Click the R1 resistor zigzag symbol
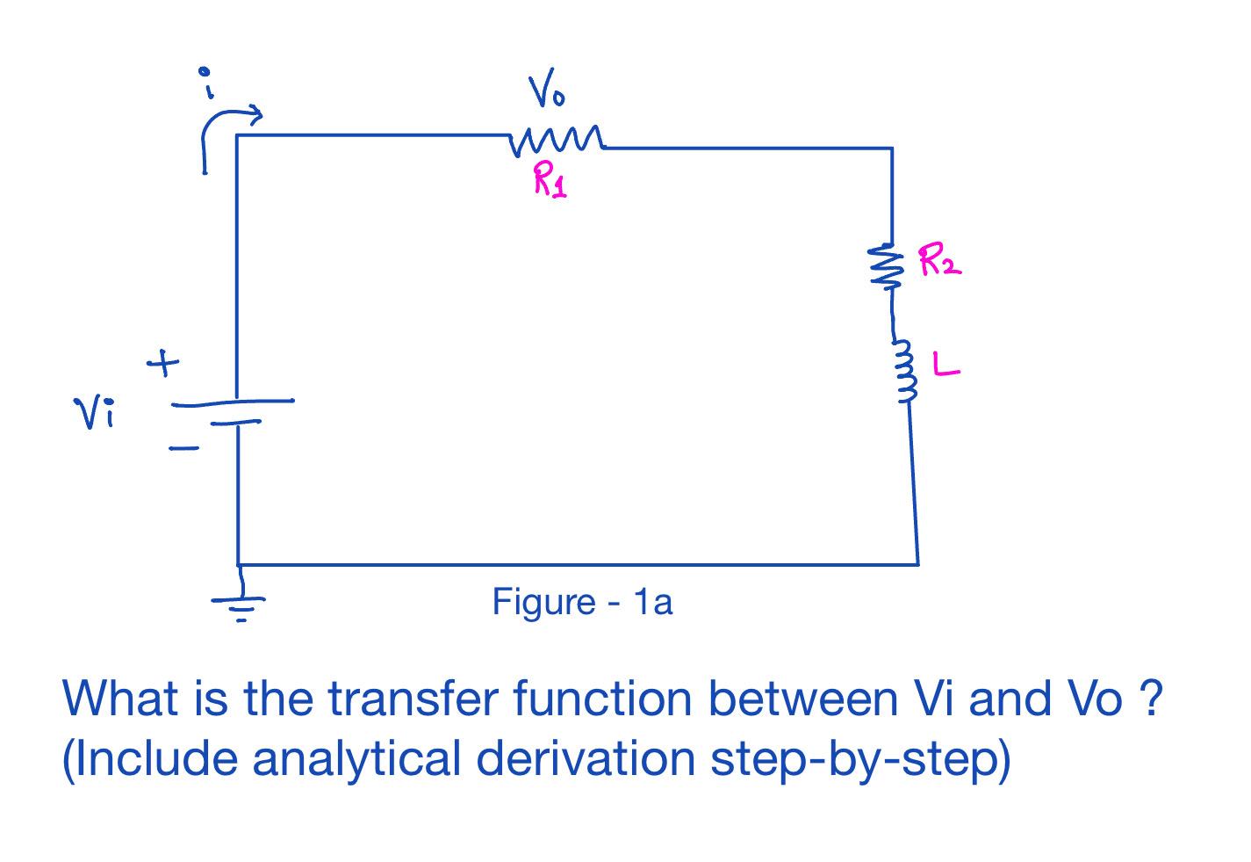(x=557, y=140)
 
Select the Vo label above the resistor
(x=546, y=92)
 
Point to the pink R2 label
(x=939, y=261)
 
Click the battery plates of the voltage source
(x=233, y=411)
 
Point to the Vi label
(x=94, y=413)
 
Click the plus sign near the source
(x=163, y=363)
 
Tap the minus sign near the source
(x=183, y=449)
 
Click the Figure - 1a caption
(x=582, y=602)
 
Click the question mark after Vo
(x=1154, y=698)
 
